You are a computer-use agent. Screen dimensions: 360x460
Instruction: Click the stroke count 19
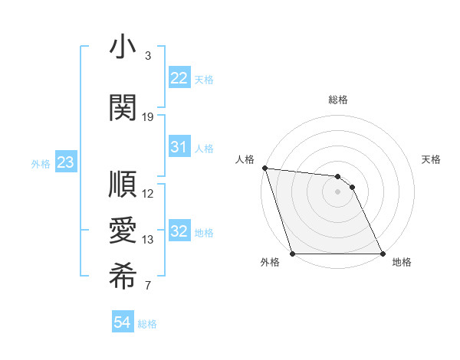[x=148, y=117]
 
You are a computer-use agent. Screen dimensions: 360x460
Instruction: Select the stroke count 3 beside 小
[x=148, y=57]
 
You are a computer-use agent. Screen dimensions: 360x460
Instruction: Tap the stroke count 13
[x=148, y=240]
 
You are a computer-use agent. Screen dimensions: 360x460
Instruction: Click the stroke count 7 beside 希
[x=148, y=286]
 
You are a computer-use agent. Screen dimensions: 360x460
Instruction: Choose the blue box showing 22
[x=179, y=78]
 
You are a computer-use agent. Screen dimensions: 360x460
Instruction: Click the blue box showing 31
[x=179, y=147]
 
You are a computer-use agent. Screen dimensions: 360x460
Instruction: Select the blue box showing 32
[x=179, y=231]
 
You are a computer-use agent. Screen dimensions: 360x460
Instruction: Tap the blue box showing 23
[x=65, y=162]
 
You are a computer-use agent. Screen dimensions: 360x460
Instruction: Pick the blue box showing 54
[x=122, y=323]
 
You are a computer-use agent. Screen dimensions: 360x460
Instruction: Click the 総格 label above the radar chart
[x=338, y=100]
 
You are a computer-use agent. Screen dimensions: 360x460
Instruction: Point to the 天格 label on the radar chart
[x=431, y=160]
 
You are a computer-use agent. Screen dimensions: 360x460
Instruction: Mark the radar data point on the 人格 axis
[x=264, y=168]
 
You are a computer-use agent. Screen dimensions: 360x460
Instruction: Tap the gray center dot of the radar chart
[x=337, y=191]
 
